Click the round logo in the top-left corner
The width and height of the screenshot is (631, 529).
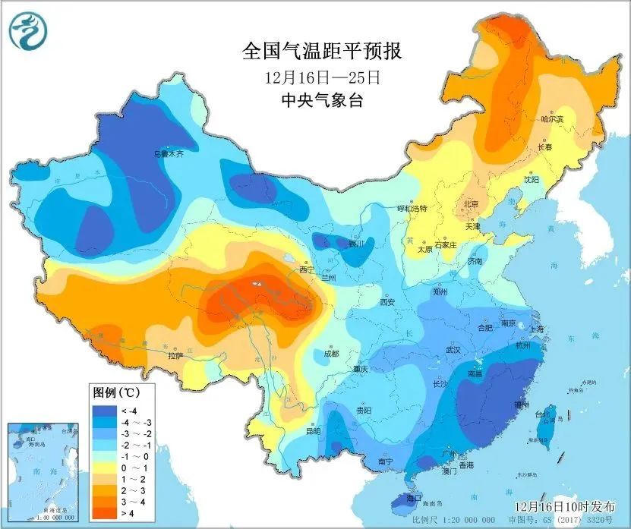pos(28,31)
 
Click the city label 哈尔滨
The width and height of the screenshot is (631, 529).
pos(552,119)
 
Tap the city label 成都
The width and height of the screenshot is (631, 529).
pos(331,353)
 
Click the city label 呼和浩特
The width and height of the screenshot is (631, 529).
pos(413,208)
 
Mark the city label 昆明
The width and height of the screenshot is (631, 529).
pos(313,431)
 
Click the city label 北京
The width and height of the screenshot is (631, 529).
pos(471,204)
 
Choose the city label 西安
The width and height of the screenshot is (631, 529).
pos(387,302)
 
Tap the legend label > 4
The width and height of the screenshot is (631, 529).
pos(130,514)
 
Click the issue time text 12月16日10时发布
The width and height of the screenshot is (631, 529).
pos(560,505)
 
